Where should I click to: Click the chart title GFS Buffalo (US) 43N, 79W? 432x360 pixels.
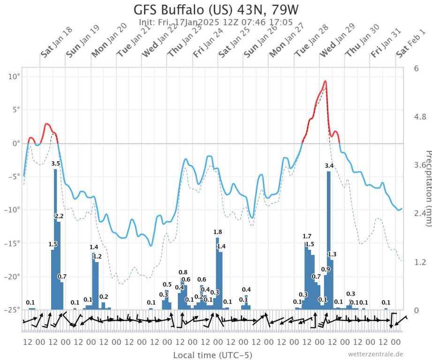pyautogui.click(x=216, y=9)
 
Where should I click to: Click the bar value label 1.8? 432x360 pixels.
pyautogui.click(x=218, y=232)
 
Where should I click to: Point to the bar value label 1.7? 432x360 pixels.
pyautogui.click(x=307, y=236)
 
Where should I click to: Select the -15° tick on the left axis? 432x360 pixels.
pyautogui.click(x=13, y=243)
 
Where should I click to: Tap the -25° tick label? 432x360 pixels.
pyautogui.click(x=13, y=310)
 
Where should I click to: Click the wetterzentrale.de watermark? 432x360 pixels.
pyautogui.click(x=375, y=354)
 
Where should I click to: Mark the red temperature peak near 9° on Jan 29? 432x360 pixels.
pyautogui.click(x=325, y=82)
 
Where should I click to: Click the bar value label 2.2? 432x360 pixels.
pyautogui.click(x=59, y=216)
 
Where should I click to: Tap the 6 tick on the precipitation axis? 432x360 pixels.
pyautogui.click(x=416, y=68)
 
